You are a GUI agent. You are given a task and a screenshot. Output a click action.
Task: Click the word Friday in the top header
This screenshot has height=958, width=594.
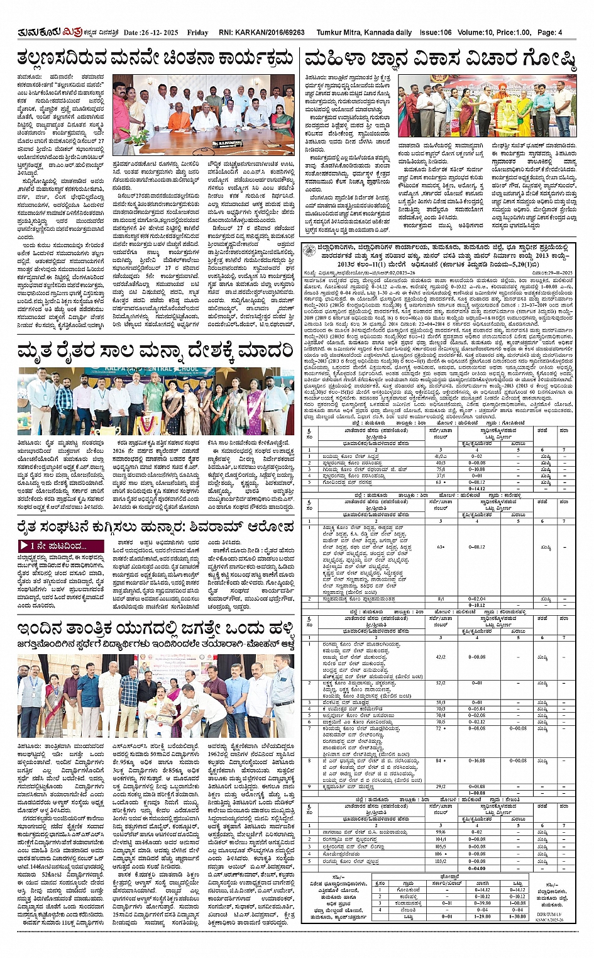point(197,33)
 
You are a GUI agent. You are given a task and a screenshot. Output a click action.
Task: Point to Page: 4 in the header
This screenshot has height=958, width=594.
point(549,33)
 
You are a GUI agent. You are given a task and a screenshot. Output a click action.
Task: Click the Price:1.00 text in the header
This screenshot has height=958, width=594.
point(514,33)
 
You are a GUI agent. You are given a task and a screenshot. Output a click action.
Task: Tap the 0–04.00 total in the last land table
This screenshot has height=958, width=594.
point(479,868)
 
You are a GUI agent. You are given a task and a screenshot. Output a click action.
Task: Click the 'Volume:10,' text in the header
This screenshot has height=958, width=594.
point(475,33)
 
